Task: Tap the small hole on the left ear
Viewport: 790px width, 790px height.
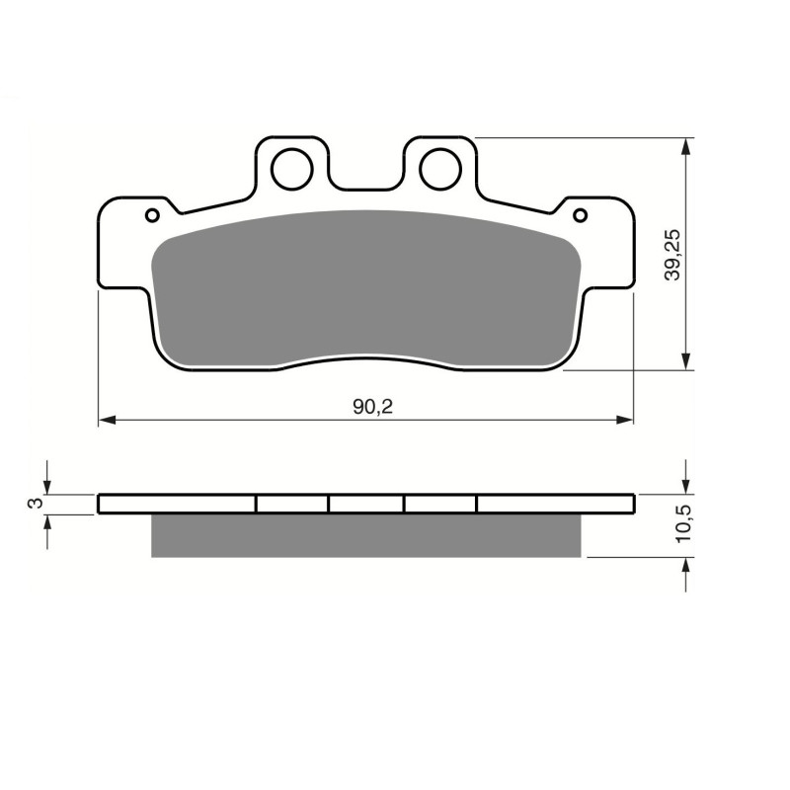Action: pos(152,215)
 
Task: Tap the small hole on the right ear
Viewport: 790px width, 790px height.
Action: pos(581,215)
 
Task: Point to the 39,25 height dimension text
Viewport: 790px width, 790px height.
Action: pos(672,257)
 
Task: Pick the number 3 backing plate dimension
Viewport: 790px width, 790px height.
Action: pos(36,504)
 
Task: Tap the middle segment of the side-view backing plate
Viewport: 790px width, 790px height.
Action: pos(366,504)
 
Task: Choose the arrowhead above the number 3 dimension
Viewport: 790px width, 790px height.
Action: pos(47,486)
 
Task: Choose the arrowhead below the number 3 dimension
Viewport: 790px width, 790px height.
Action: pos(47,522)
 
